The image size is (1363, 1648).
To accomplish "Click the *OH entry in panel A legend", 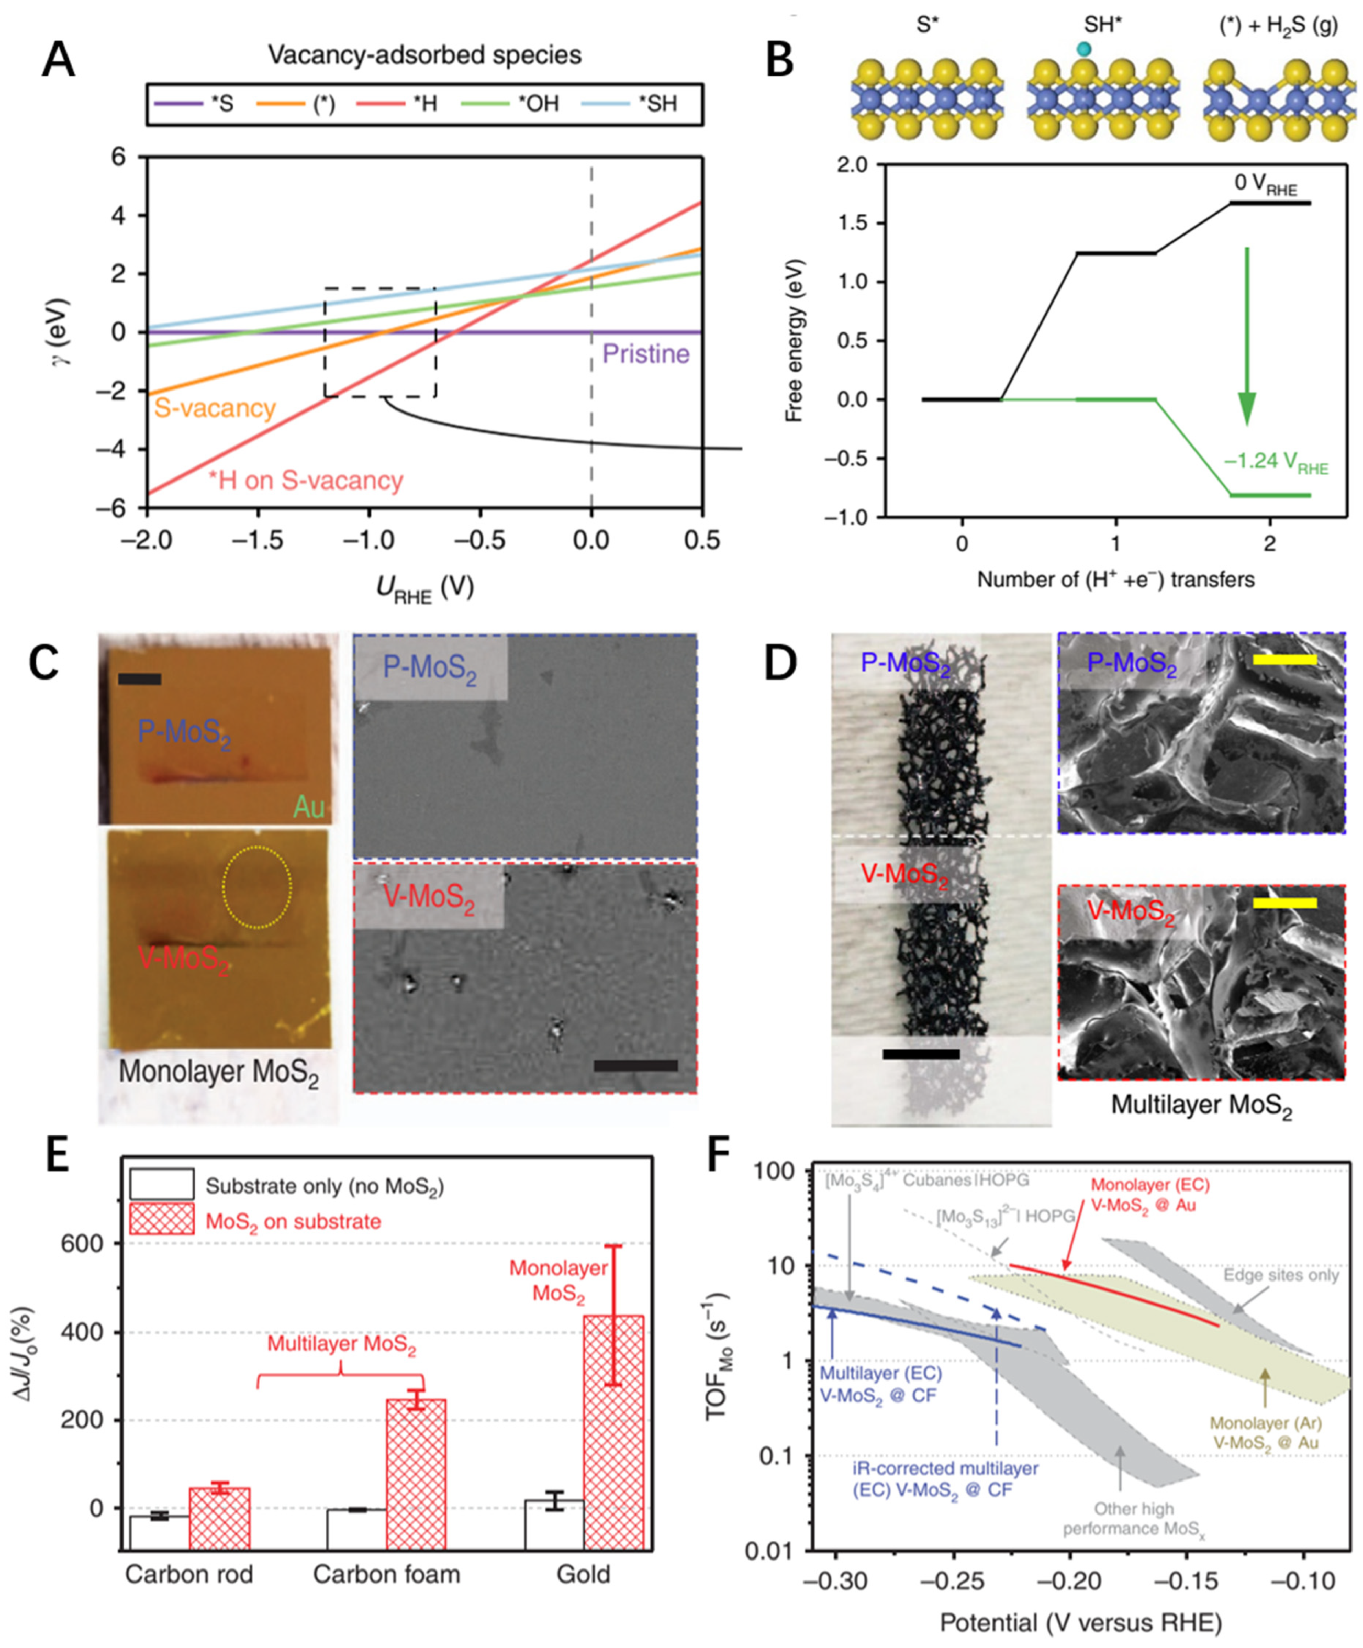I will (x=538, y=104).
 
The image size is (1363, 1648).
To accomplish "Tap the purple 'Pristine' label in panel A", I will (x=645, y=354).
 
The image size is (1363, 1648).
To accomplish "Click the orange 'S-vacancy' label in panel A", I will (x=214, y=408).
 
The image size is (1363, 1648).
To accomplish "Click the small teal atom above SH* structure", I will (x=1083, y=49).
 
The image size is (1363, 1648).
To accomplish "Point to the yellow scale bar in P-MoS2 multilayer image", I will (x=1284, y=660).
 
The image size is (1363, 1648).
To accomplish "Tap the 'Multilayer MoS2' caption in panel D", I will (x=1201, y=1105).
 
